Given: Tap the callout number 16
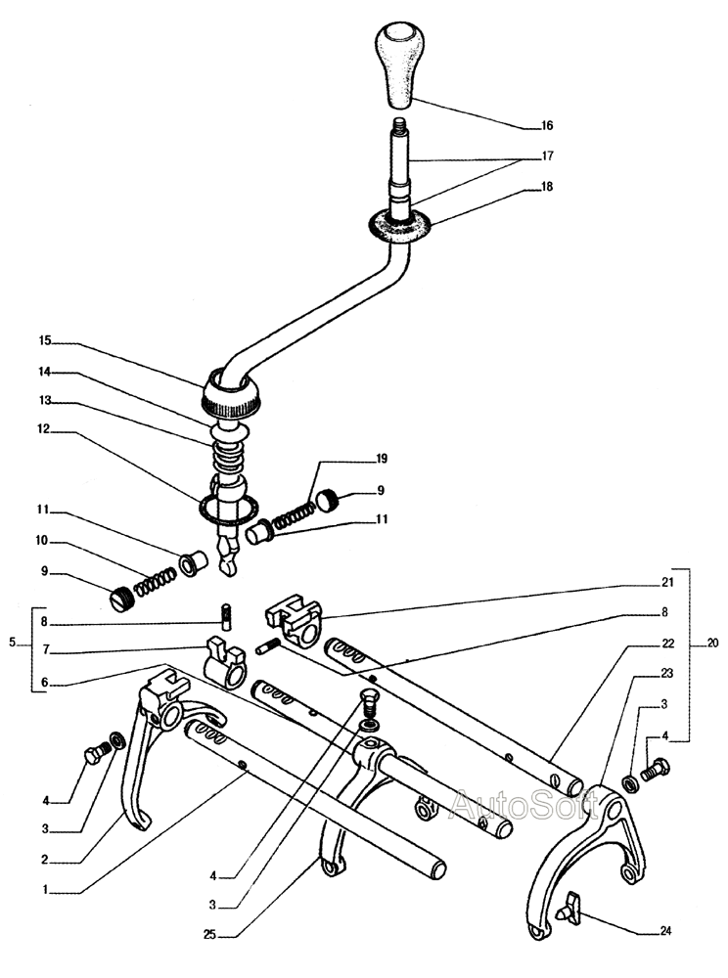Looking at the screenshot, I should pyautogui.click(x=546, y=126).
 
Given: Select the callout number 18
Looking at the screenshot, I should pyautogui.click(x=546, y=185).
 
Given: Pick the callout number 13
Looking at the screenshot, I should pyautogui.click(x=44, y=401).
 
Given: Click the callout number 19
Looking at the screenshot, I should pyautogui.click(x=382, y=458).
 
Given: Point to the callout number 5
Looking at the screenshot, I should pyautogui.click(x=13, y=643).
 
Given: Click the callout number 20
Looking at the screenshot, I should pyautogui.click(x=712, y=644).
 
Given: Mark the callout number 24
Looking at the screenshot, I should pyautogui.click(x=665, y=931).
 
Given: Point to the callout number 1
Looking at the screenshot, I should pyautogui.click(x=44, y=891).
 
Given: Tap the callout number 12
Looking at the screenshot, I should pyautogui.click(x=44, y=430).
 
